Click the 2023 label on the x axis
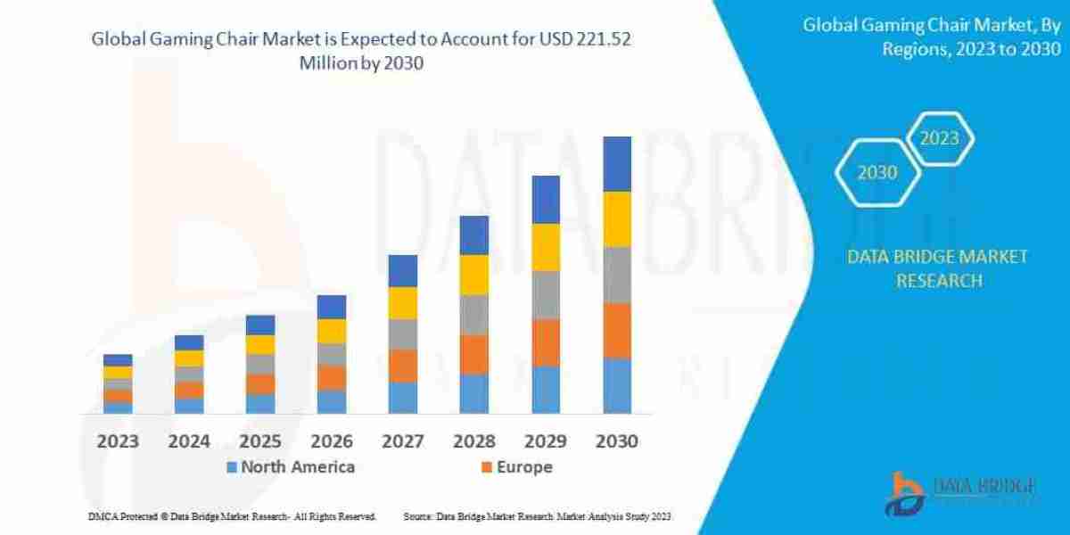[x=118, y=441]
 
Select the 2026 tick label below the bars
[x=332, y=441]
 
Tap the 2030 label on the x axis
[x=616, y=441]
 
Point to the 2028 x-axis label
[x=474, y=441]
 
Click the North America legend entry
[x=290, y=467]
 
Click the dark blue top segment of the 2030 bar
[x=617, y=164]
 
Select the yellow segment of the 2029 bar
[x=546, y=247]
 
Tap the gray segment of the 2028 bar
[x=474, y=314]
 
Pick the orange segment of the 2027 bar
[x=403, y=366]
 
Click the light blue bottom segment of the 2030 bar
[x=617, y=385]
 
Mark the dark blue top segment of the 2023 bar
[x=118, y=360]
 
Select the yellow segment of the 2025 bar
[x=260, y=344]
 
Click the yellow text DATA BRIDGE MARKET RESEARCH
[x=937, y=268]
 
